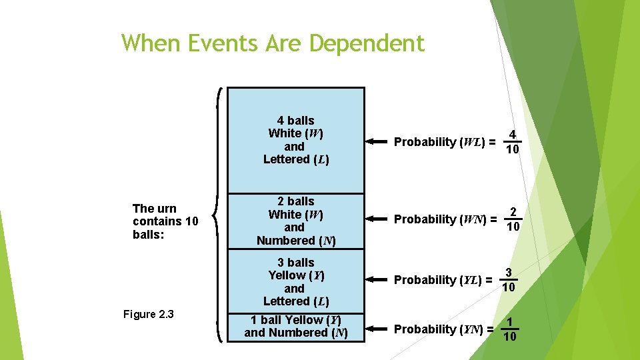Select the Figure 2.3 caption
pos(149,314)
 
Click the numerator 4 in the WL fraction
pos(512,134)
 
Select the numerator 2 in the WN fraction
pos(513,213)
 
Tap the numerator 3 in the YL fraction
pos(508,273)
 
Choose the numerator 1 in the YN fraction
pos(509,322)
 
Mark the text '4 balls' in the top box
pos(295,121)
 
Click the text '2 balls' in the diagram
pos(295,201)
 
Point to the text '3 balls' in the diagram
pos(295,263)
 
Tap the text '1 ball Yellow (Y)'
pos(295,320)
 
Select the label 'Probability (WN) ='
pos(445,219)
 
